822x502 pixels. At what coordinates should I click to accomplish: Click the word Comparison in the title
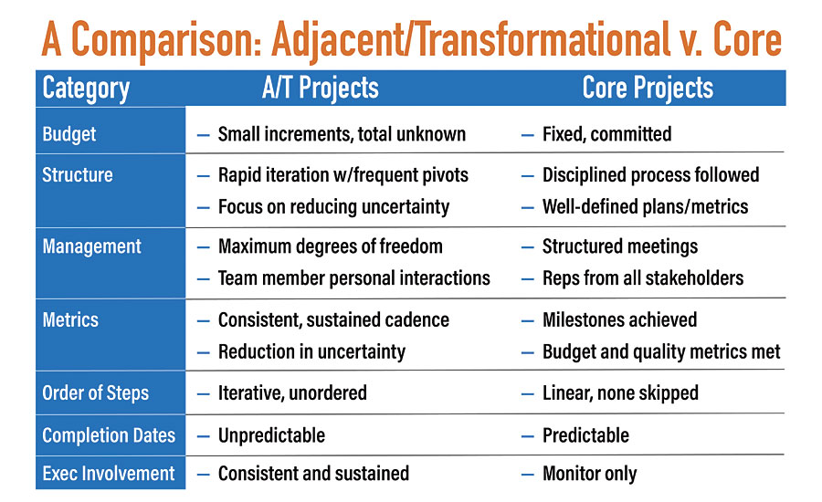point(166,40)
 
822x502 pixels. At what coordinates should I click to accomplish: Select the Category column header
point(86,89)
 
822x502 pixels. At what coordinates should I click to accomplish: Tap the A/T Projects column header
point(321,88)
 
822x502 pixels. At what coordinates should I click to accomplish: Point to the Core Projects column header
point(648,88)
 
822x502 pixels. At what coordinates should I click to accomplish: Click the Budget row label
point(69,134)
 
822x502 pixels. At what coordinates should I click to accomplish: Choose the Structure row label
point(78,174)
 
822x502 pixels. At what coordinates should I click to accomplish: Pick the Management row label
point(91,246)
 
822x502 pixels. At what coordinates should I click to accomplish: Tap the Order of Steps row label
point(95,393)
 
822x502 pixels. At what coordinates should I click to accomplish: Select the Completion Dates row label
point(109,435)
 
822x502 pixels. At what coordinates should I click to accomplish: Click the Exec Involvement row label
point(109,473)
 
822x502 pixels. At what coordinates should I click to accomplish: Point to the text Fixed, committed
point(607,134)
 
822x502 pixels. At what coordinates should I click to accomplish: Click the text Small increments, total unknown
point(342,134)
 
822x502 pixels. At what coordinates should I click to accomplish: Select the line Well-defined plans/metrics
point(646,206)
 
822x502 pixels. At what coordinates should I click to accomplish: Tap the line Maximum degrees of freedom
point(331,246)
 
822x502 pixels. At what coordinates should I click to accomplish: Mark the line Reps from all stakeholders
point(643,278)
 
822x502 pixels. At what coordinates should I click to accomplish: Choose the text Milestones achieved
point(619,319)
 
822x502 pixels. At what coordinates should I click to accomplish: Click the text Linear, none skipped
point(621,393)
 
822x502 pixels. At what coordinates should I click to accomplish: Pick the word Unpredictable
point(271,435)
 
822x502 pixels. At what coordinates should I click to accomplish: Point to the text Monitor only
point(590,474)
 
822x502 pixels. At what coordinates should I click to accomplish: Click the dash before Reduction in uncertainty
point(204,353)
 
